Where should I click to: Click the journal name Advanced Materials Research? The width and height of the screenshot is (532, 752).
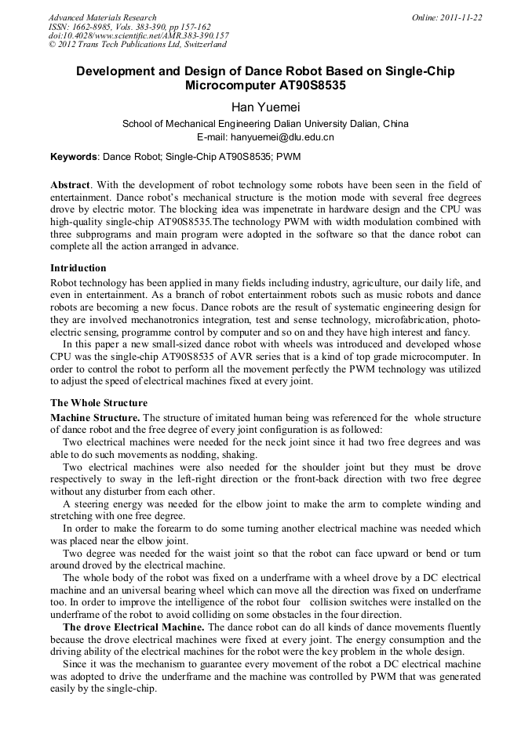[x=103, y=17]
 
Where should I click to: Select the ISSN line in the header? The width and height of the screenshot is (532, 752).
[x=131, y=27]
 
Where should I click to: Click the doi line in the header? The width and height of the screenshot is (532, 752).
[x=139, y=36]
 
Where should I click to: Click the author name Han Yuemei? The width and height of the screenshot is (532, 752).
[x=265, y=106]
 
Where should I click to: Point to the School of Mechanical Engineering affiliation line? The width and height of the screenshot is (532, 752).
[x=265, y=124]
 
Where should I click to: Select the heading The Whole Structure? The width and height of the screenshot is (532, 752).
[x=87, y=403]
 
